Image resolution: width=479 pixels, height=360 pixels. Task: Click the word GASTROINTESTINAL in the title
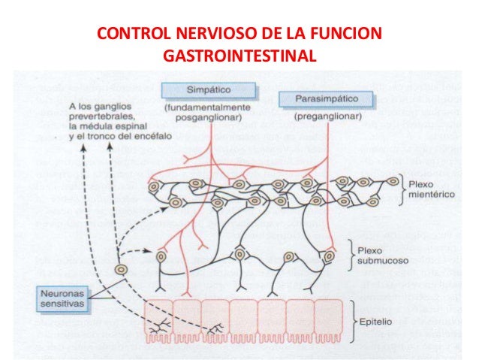pos(239,56)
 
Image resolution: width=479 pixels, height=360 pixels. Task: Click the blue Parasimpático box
pos(316,98)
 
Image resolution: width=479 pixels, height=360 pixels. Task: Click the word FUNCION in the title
pos(350,35)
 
